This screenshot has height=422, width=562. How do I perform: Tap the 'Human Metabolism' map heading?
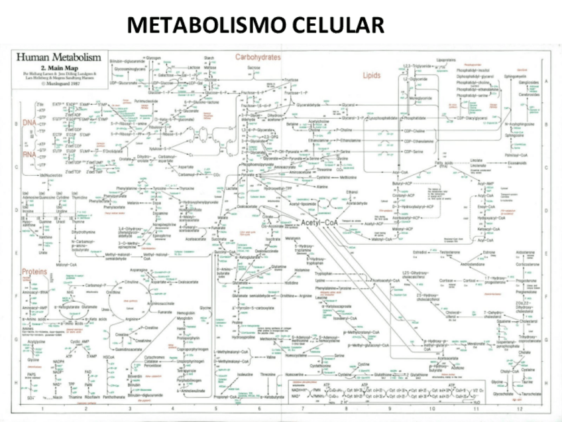(59, 58)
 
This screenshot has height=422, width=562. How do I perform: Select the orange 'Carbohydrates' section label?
(258, 58)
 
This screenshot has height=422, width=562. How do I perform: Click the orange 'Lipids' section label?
(371, 76)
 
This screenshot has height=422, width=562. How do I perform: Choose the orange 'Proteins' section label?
(34, 272)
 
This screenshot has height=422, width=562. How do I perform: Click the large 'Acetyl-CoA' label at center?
(319, 223)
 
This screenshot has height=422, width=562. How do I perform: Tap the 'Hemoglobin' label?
(186, 313)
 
